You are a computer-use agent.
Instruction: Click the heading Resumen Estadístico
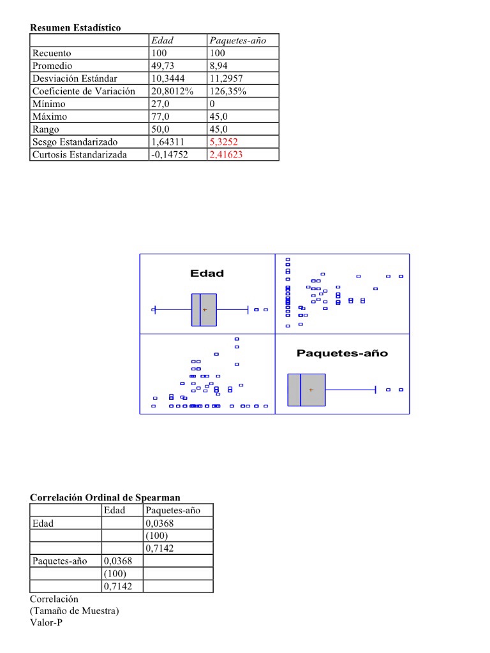click(75, 28)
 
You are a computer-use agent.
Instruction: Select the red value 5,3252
click(223, 142)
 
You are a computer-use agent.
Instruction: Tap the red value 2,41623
click(226, 155)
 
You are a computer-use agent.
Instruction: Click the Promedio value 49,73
click(164, 66)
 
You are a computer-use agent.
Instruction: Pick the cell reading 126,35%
click(228, 91)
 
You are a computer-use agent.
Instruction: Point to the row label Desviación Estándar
click(75, 78)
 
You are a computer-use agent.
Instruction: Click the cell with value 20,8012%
click(172, 91)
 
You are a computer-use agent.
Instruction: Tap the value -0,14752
click(169, 155)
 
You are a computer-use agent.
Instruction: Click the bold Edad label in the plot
click(207, 274)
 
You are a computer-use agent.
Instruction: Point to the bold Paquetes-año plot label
click(342, 353)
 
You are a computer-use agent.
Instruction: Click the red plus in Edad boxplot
click(205, 310)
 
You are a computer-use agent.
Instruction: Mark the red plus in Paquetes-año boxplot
click(311, 390)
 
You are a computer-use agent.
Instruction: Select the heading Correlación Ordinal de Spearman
click(105, 497)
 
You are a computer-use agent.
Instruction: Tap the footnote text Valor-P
click(46, 622)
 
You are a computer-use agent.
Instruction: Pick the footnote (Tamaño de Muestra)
click(74, 611)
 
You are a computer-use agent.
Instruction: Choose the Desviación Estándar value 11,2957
click(228, 78)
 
